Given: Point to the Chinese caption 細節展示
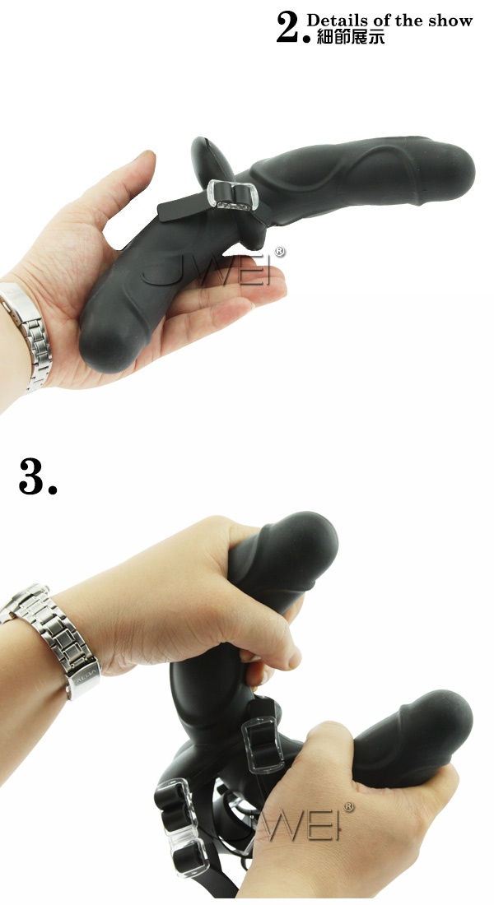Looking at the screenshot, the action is coord(351,37).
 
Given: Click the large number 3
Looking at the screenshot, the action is coord(38,476).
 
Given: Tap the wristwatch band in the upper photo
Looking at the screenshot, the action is coord(26,335).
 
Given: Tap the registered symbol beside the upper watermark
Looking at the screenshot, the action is coord(279,253).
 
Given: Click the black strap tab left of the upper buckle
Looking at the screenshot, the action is coord(183,206).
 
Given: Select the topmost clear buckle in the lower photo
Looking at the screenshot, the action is coord(262,745).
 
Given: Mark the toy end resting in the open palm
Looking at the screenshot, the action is coord(104,341).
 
